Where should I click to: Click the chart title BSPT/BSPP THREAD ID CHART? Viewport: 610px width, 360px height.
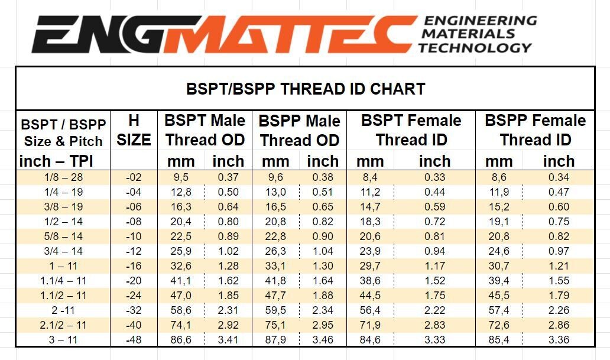(x=305, y=89)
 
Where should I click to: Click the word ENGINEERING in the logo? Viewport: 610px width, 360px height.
(x=479, y=21)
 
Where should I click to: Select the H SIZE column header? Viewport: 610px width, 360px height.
(x=134, y=130)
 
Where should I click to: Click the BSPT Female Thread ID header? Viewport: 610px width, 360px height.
(x=411, y=130)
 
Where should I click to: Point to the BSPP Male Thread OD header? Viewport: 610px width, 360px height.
(x=299, y=131)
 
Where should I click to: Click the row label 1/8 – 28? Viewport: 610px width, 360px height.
(x=63, y=177)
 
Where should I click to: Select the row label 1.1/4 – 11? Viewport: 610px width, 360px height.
(x=63, y=281)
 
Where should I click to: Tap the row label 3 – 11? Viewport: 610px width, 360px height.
(x=63, y=340)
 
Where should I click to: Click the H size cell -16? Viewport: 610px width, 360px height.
(x=134, y=266)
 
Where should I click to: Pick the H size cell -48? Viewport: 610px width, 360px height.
(x=134, y=340)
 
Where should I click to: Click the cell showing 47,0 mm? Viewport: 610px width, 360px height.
(x=181, y=296)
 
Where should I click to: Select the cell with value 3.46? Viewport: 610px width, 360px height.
(x=323, y=340)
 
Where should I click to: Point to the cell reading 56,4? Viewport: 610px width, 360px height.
(x=371, y=310)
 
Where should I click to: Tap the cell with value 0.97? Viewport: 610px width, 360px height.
(x=559, y=251)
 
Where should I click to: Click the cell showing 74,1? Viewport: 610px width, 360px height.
(x=181, y=325)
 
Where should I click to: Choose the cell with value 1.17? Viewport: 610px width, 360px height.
(x=434, y=266)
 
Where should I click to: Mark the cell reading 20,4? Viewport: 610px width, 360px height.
(x=181, y=222)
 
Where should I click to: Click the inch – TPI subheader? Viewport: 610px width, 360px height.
(x=57, y=161)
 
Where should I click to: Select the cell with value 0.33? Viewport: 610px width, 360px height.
(x=434, y=177)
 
